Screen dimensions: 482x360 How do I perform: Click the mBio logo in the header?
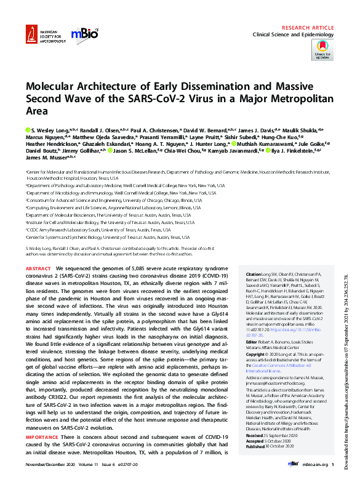83,35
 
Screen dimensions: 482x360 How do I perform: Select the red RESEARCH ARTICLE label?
309,28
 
